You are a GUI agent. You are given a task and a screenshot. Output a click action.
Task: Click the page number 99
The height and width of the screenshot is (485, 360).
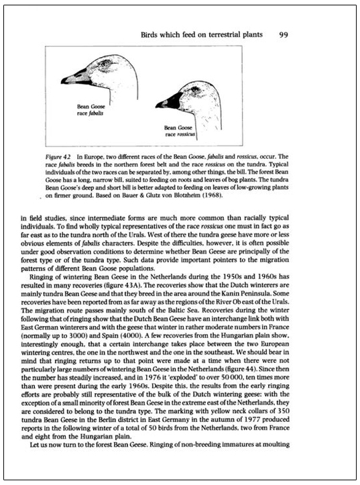tap(284, 33)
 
